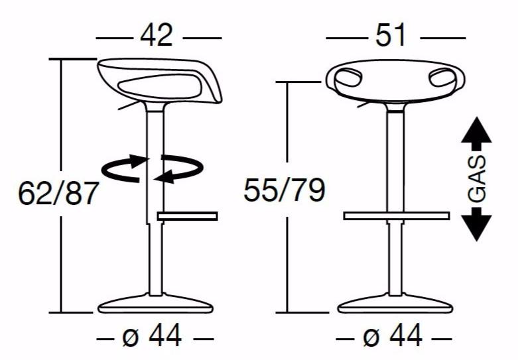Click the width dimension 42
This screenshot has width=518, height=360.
(x=157, y=35)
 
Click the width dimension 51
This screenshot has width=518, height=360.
(x=391, y=35)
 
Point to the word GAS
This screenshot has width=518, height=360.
(x=477, y=179)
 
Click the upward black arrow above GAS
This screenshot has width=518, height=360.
(x=476, y=133)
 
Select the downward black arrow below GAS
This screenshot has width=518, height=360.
(x=476, y=224)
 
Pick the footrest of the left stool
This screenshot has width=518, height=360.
(x=187, y=215)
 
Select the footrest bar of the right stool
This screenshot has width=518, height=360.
(x=396, y=215)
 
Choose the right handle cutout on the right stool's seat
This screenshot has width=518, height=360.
(x=441, y=78)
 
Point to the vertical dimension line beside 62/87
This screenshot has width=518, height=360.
(x=61, y=133)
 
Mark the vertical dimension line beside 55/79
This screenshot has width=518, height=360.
(x=287, y=133)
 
